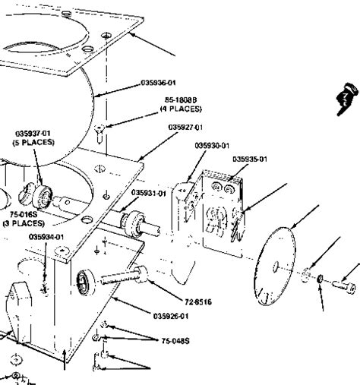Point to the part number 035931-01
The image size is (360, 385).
coord(148,193)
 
